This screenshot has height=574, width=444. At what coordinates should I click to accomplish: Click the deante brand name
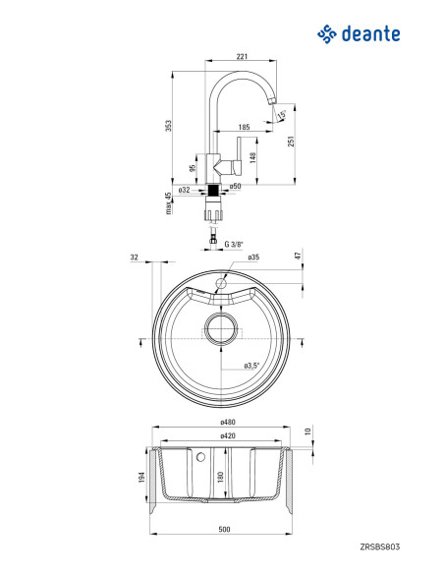click(x=370, y=33)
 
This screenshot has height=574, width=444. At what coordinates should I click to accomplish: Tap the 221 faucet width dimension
click(x=242, y=56)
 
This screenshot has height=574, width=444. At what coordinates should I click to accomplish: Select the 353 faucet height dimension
click(x=168, y=126)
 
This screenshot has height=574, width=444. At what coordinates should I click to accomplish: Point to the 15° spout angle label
click(x=282, y=115)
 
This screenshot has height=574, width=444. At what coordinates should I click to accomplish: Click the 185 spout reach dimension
click(x=244, y=127)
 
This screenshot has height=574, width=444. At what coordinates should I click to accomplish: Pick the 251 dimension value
click(x=291, y=141)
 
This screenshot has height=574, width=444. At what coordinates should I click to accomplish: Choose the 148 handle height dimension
click(x=252, y=157)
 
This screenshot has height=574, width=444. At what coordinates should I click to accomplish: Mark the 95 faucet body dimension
click(x=193, y=168)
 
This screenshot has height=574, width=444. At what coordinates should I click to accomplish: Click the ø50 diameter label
click(x=235, y=186)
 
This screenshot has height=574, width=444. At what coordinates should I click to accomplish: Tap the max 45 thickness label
click(x=168, y=203)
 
